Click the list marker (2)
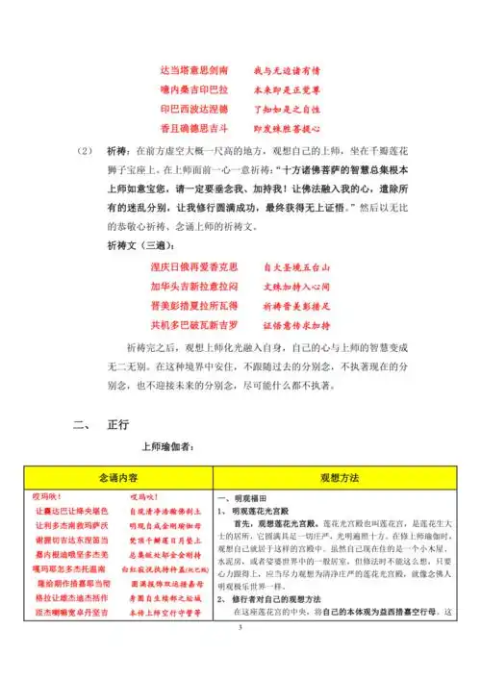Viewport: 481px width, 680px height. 84,152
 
